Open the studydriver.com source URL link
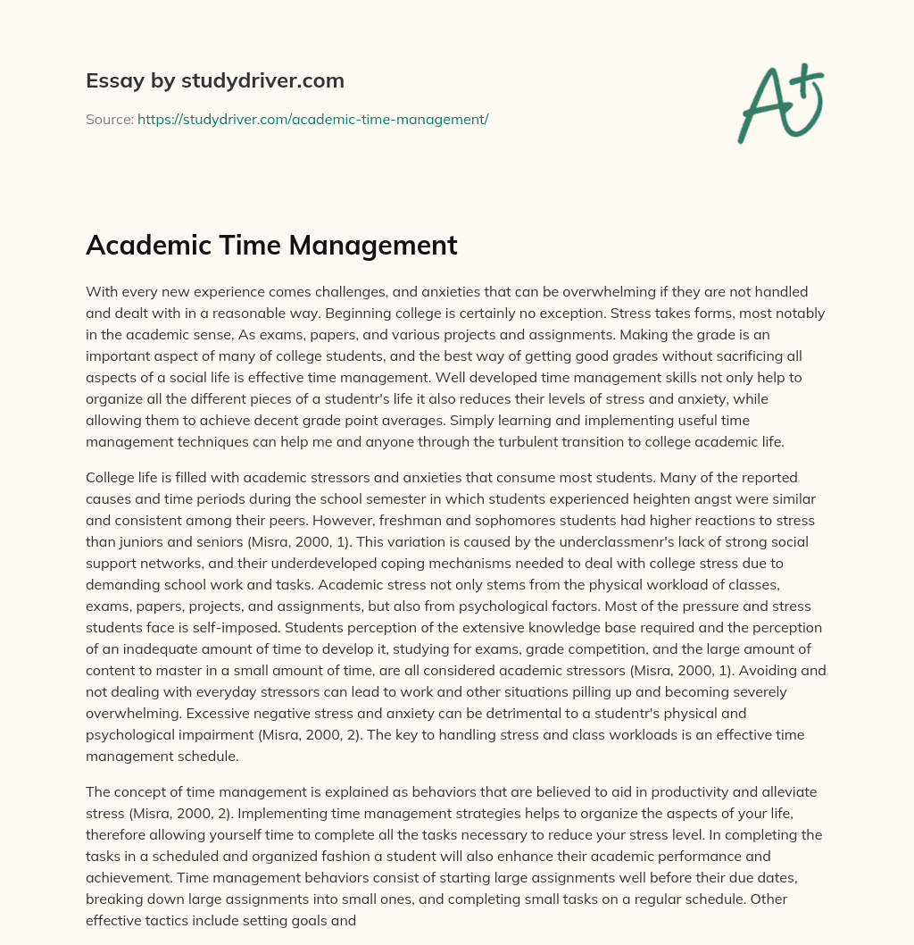[312, 119]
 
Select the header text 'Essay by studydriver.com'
[215, 81]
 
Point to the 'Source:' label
[109, 119]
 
